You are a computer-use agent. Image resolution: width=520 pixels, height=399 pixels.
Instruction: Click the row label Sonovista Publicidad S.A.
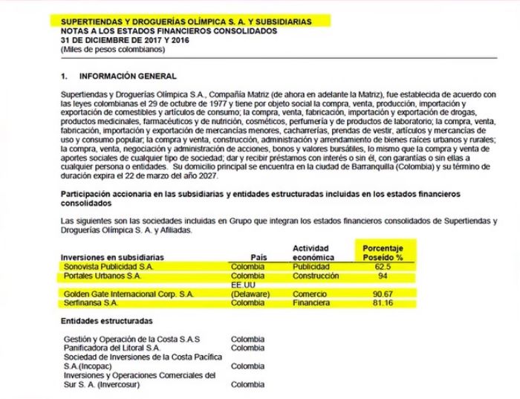pos(108,265)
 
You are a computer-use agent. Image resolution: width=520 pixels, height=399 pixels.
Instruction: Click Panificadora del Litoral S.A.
pos(112,347)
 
